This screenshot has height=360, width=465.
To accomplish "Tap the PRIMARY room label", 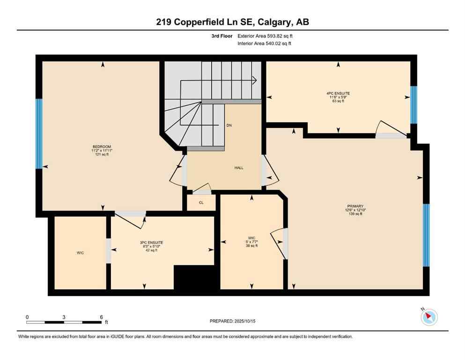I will pyautogui.click(x=356, y=206).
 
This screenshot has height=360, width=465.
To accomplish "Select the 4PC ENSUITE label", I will pyautogui.click(x=338, y=93).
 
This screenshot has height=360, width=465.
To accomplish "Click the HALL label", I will pyautogui.click(x=239, y=168).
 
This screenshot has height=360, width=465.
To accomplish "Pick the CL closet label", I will pyautogui.click(x=201, y=203).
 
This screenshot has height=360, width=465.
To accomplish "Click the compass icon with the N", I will pyautogui.click(x=429, y=317).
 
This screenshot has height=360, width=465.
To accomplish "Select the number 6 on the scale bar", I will pyautogui.click(x=101, y=317).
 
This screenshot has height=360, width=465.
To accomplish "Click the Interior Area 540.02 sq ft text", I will pyautogui.click(x=265, y=44).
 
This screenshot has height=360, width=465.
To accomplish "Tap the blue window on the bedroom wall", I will pyautogui.click(x=39, y=134).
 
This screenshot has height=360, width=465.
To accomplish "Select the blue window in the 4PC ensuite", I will pyautogui.click(x=413, y=105).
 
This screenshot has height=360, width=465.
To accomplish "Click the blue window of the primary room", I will pyautogui.click(x=426, y=235).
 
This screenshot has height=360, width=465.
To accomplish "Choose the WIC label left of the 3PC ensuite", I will pyautogui.click(x=81, y=253).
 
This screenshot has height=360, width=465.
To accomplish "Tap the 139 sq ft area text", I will pyautogui.click(x=356, y=214).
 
